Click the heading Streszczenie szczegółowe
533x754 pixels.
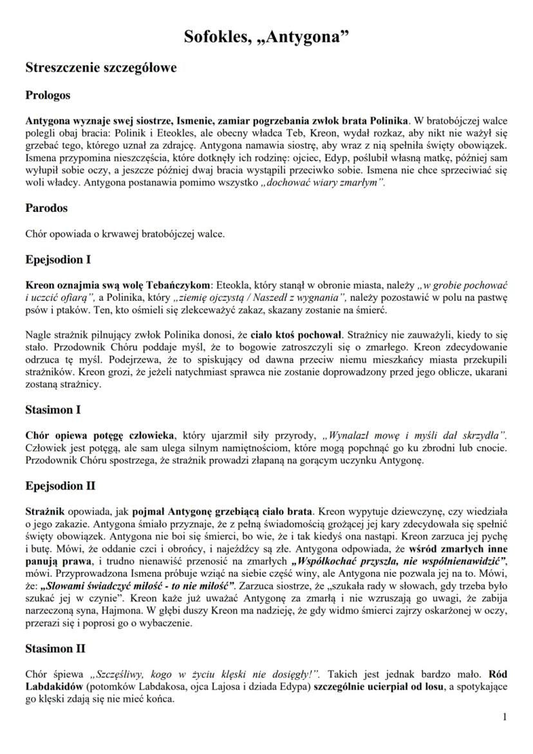[x=101, y=68]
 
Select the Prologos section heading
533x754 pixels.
[x=48, y=95]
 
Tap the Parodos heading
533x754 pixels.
[x=46, y=208]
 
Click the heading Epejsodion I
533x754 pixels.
[x=58, y=259]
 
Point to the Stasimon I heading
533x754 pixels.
[x=53, y=410]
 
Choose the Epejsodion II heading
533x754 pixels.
[x=61, y=485]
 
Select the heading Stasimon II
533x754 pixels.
[x=55, y=648]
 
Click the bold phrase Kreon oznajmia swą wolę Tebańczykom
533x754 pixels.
[x=118, y=284]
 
